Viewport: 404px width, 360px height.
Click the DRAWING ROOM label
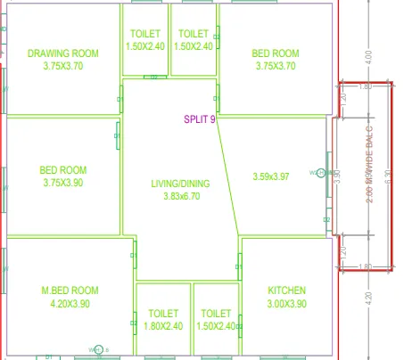tap(62, 53)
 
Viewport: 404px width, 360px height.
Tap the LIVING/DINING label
tap(180, 184)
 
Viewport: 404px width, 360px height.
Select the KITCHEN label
tap(287, 290)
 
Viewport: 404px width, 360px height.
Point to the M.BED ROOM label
tap(70, 290)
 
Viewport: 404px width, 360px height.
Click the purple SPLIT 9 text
tap(200, 119)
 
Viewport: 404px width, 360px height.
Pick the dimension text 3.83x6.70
tap(180, 197)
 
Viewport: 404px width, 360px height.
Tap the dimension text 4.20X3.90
tap(70, 304)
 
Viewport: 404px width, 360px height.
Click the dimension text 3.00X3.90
tap(287, 304)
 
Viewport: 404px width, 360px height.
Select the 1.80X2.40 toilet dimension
tap(163, 326)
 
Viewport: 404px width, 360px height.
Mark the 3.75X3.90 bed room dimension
tap(62, 183)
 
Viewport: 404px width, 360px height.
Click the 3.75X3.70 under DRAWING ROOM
tap(62, 66)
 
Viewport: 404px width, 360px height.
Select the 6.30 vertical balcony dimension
tap(387, 176)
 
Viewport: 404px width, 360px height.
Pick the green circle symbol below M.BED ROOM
tap(98, 348)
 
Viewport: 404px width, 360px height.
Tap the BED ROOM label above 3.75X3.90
tap(62, 170)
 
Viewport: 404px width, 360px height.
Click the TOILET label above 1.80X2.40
tap(163, 314)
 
